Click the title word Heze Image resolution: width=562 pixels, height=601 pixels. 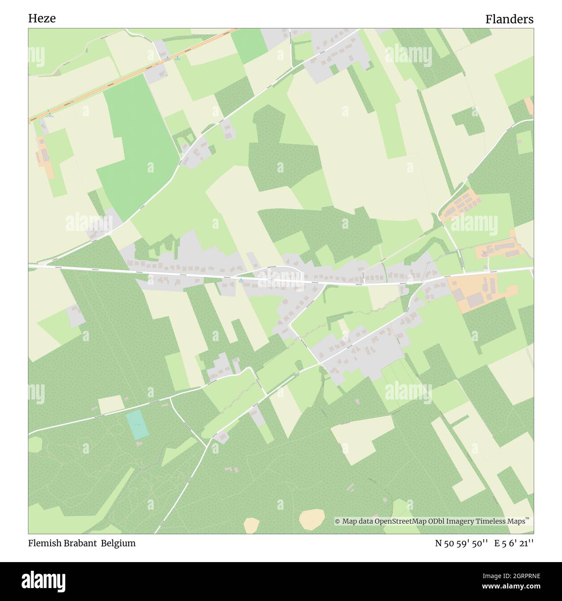click(42, 19)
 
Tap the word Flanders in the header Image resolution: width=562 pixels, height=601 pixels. click(509, 19)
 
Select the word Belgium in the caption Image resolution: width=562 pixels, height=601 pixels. click(118, 543)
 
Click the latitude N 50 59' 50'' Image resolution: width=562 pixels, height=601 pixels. click(462, 543)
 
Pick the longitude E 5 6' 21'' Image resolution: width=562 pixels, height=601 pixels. click(514, 543)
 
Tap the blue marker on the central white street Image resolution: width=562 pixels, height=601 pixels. click(241, 280)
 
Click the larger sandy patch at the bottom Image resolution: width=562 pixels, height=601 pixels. click(312, 517)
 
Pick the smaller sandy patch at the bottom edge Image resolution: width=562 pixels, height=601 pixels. click(251, 525)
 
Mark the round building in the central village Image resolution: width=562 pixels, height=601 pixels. click(285, 301)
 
